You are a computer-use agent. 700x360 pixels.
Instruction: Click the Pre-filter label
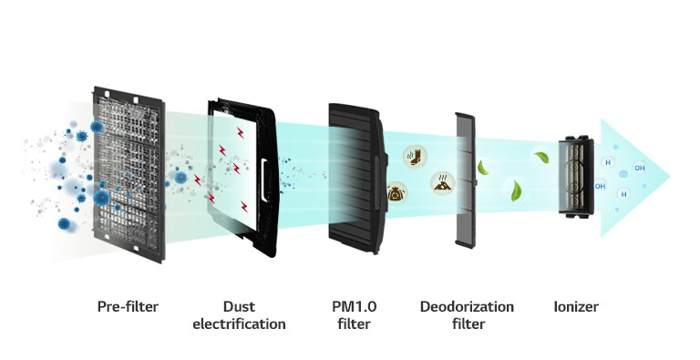[x=128, y=306]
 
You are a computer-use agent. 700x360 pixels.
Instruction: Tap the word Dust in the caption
[x=239, y=306]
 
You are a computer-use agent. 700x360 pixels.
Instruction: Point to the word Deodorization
[x=467, y=306]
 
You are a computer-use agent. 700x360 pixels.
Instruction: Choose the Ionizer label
[x=576, y=306]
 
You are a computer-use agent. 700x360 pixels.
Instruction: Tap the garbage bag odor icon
[x=397, y=191]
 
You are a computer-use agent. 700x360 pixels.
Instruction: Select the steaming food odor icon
[x=443, y=182]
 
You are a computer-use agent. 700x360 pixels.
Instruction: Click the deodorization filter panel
[x=465, y=179]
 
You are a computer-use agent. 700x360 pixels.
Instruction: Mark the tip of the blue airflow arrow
[x=670, y=175]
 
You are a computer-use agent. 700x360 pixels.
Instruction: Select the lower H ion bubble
[x=624, y=193]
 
